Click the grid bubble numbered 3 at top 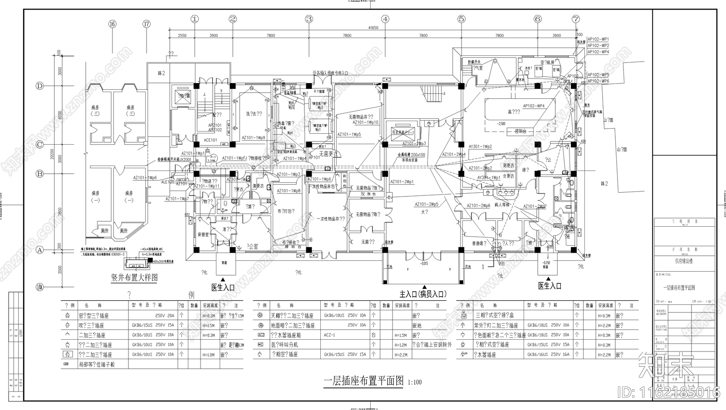point(309,19)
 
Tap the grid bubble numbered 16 point(112,24)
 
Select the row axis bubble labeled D point(39,86)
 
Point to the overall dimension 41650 point(373,28)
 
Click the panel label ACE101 point(210,140)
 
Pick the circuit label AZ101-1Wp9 point(253,137)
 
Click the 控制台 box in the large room point(520,132)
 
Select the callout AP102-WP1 point(598,39)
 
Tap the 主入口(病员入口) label point(422,294)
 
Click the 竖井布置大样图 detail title point(135,278)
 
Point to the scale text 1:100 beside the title point(415,382)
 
